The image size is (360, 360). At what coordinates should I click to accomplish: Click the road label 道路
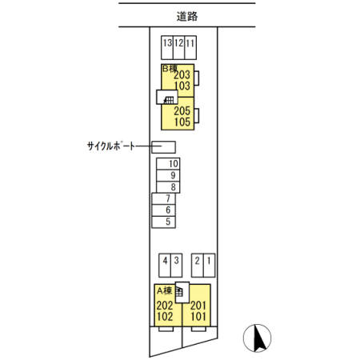click(187, 17)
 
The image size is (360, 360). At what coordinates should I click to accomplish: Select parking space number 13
click(167, 48)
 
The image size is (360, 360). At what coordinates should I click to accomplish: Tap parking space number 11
click(190, 48)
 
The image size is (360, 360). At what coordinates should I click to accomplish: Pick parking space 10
click(168, 164)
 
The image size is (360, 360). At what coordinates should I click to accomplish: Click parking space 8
click(168, 187)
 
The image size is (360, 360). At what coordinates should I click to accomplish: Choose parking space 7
click(163, 198)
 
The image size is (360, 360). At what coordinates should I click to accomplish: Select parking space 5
click(163, 222)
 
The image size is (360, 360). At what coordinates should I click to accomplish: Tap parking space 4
click(165, 266)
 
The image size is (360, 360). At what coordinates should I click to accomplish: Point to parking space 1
click(209, 266)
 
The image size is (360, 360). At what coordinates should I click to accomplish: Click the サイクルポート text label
click(111, 146)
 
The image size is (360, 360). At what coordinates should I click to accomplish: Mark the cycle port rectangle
click(163, 147)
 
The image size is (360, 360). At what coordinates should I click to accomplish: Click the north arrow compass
click(257, 338)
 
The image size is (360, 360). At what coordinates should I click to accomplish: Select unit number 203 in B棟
click(182, 75)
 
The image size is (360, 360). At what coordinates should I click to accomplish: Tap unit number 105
click(182, 122)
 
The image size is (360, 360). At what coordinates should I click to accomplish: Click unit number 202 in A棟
click(165, 306)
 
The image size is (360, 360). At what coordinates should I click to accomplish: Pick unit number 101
click(198, 317)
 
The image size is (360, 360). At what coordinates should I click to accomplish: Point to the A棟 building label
click(165, 290)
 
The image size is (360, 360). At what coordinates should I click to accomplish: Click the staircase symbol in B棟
click(169, 100)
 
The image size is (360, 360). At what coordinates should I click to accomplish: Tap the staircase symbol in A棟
click(179, 292)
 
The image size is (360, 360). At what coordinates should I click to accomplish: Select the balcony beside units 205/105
click(197, 116)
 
